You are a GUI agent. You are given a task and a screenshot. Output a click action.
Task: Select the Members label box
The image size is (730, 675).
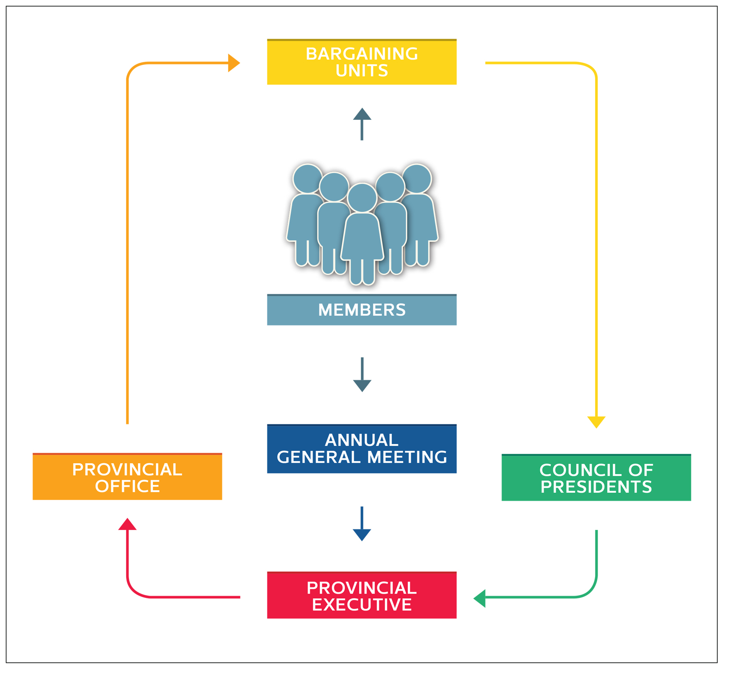coord(361,310)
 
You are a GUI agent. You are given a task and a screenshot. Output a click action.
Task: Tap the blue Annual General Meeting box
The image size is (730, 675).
coord(361,448)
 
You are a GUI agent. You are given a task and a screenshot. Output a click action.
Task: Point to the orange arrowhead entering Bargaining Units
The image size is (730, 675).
coord(234,63)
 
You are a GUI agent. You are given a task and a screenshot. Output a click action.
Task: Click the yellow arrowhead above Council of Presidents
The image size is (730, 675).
coord(596,422)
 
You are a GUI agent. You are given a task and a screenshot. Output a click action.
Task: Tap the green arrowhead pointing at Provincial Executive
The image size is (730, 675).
coord(480,598)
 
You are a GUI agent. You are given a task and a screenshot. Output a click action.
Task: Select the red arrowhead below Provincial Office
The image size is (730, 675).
coord(127,524)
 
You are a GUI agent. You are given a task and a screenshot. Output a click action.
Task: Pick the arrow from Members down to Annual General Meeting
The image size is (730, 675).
coord(362,375)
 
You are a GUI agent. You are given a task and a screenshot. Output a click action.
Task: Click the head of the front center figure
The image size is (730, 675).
coord(362,197)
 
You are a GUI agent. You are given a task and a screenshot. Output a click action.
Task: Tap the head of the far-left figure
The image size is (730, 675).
coord(307,179)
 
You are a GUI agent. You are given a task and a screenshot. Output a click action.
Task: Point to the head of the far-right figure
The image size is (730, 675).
coord(417,179)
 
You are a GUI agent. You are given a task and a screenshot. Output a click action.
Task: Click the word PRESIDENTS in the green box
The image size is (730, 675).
coord(596,487)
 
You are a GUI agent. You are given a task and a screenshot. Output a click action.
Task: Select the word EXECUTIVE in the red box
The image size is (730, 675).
coord(361,604)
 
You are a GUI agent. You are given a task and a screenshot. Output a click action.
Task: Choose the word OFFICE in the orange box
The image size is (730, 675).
coord(127,486)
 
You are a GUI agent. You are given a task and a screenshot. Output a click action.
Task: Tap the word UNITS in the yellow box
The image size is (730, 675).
coord(361,71)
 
